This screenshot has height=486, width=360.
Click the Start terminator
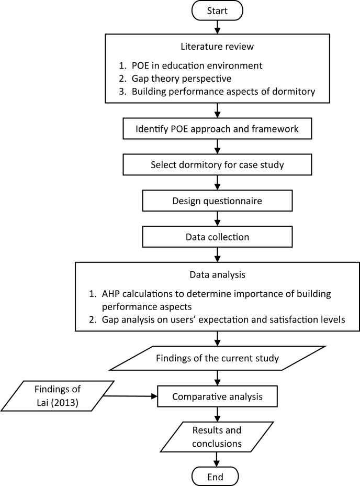[216, 11]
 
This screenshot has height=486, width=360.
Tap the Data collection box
[216, 237]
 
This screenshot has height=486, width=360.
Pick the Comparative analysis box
[216, 397]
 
